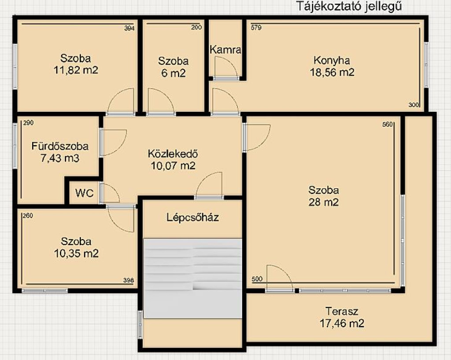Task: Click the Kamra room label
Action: [x=225, y=50]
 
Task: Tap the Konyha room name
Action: [x=332, y=60]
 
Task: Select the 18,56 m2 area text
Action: [x=332, y=73]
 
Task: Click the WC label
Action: [x=85, y=193]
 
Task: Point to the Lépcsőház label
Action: [x=192, y=217]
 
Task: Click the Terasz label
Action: [x=342, y=311]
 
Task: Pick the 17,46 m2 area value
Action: [x=342, y=323]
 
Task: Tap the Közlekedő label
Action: [x=173, y=154]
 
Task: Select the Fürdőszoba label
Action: [x=60, y=146]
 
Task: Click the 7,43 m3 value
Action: [x=60, y=158]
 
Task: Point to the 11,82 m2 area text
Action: [x=76, y=70]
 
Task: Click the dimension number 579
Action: [x=256, y=28]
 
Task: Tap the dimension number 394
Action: [x=129, y=28]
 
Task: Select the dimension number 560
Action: [x=387, y=125]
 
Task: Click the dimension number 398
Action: [x=128, y=280]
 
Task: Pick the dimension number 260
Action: [x=28, y=216]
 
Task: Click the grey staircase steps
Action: [x=193, y=279]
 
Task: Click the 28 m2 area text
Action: [x=324, y=202]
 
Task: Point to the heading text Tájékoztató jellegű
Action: [x=349, y=6]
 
